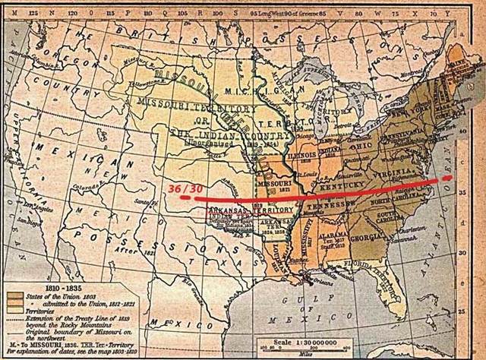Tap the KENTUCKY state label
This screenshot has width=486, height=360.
pyautogui.click(x=343, y=184)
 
